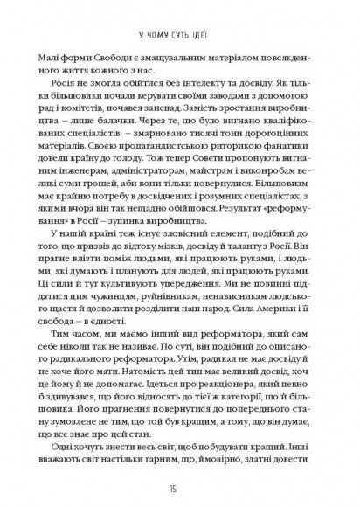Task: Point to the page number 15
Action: pos(180,486)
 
